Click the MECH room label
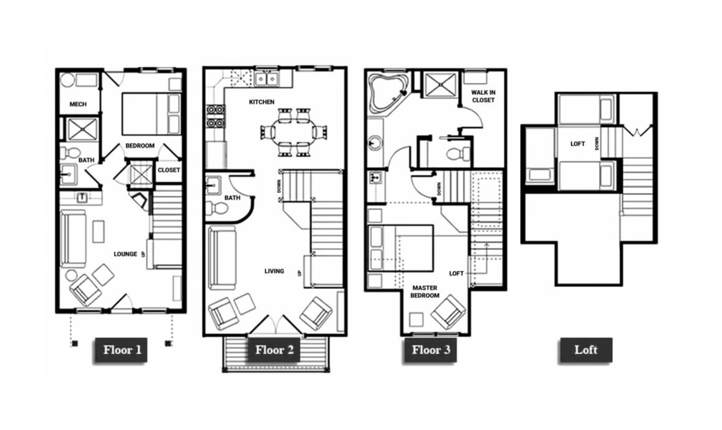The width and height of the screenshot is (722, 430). pos(78,104)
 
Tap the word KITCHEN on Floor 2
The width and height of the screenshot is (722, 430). pos(262,102)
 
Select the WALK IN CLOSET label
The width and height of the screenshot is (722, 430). pos(483,96)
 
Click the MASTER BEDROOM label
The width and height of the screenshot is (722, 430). pos(425,292)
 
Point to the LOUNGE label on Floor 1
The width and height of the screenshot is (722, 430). pos(125,254)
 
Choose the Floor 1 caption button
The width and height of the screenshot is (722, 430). pos(121,350)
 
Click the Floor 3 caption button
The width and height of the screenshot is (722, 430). pos(431,350)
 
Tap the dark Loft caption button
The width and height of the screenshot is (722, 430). pos(586,350)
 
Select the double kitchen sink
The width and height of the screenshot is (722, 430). pos(266,79)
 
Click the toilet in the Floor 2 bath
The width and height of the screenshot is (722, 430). pos(217,208)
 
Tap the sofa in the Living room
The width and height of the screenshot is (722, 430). pos(222,258)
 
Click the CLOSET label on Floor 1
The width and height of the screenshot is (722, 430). pos(169,170)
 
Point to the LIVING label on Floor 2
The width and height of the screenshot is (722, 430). pos(274,271)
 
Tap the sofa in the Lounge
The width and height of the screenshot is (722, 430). pos(73,239)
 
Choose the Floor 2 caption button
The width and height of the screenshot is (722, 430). pos(274,350)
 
